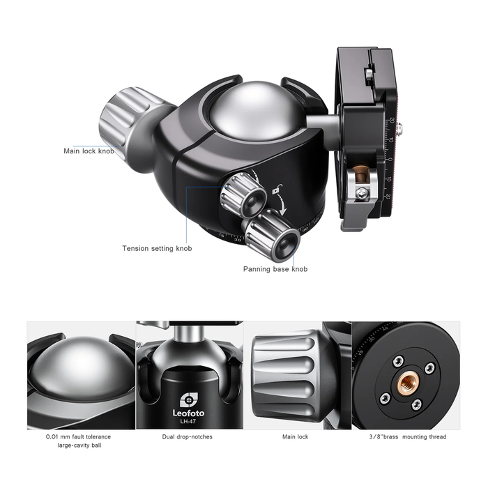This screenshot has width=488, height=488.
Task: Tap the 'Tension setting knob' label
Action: (x=157, y=248)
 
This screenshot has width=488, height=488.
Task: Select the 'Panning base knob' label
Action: (x=275, y=269)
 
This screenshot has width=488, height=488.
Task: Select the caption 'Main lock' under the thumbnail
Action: (x=295, y=437)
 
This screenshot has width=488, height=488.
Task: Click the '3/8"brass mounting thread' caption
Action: (x=408, y=437)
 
